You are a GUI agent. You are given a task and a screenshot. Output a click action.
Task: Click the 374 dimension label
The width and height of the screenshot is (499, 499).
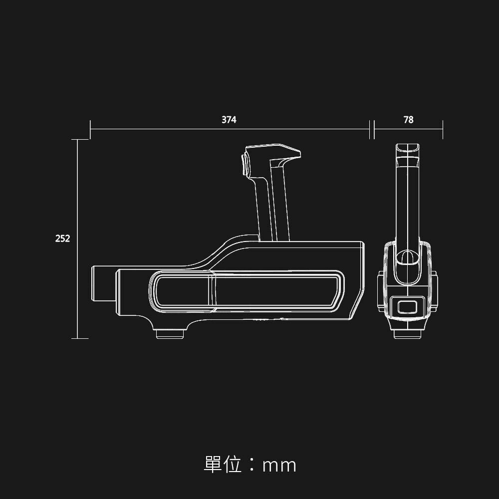(x=229, y=120)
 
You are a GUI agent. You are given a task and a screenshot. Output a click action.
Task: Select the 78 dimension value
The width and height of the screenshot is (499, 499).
(x=408, y=120)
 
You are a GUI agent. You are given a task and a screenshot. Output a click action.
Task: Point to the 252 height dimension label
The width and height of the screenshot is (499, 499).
(x=62, y=239)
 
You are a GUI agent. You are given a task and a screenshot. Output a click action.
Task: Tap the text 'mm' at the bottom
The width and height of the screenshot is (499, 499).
(x=279, y=466)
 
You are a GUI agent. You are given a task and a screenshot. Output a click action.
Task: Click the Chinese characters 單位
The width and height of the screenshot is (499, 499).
(x=223, y=464)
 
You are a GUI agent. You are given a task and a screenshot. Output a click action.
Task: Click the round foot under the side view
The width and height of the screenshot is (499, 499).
(x=170, y=334)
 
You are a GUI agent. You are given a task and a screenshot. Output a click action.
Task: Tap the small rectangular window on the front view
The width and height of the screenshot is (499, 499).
(x=407, y=307)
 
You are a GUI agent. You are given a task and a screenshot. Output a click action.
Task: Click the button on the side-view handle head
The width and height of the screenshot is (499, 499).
(x=245, y=164)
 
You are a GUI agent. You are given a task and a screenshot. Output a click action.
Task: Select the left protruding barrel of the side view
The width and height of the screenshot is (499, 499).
(x=103, y=283)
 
